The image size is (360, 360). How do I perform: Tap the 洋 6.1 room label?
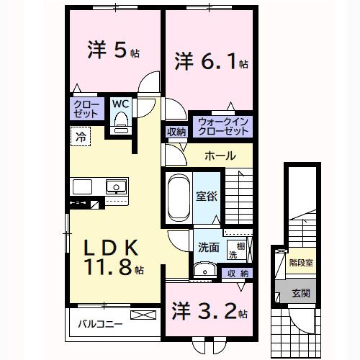pyautogui.click(x=211, y=61)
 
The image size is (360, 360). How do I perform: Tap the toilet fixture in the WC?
pyautogui.click(x=120, y=122)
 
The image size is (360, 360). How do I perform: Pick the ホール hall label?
pyautogui.click(x=219, y=156)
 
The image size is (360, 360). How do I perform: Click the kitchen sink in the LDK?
pyautogui.click(x=115, y=187)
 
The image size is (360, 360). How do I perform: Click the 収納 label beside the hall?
pyautogui.click(x=176, y=132)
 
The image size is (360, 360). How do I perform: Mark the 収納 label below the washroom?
pyautogui.click(x=240, y=273)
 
